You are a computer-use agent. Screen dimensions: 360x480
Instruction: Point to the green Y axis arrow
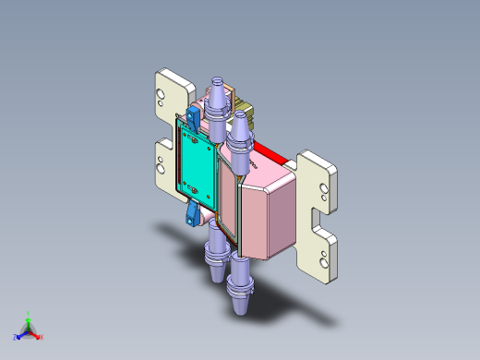29,319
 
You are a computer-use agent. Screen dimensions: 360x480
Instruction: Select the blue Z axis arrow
21,332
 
